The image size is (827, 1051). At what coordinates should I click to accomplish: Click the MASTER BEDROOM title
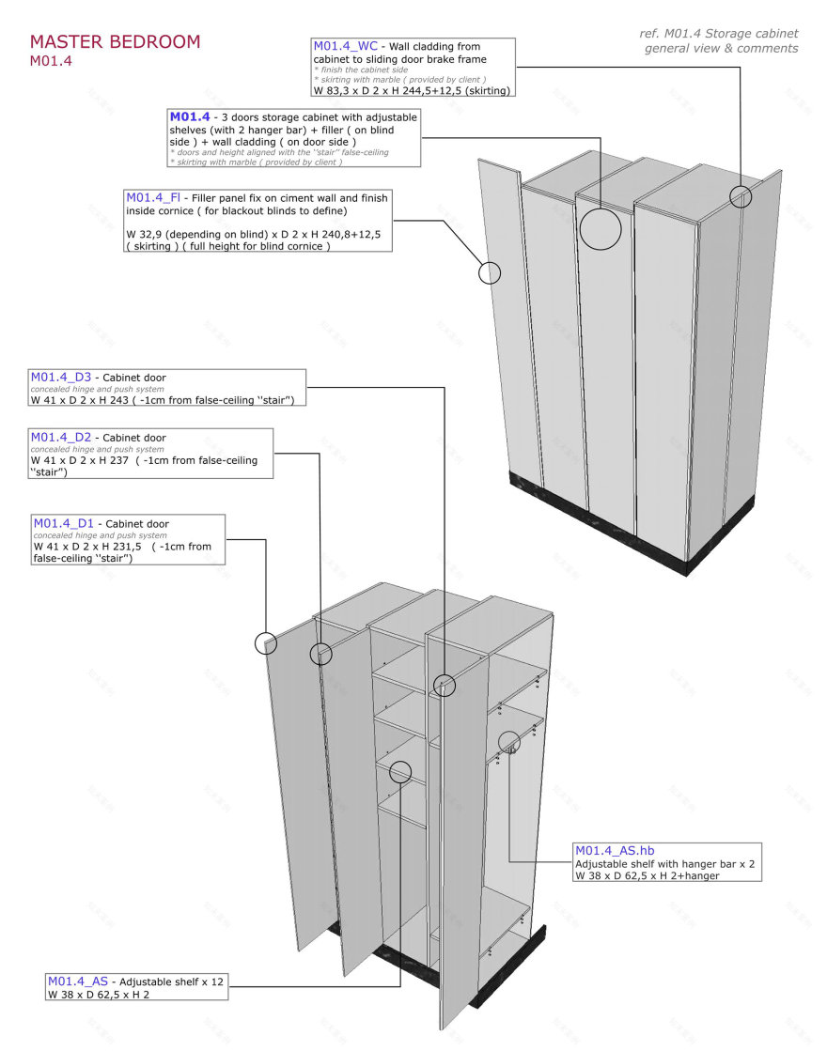click(115, 42)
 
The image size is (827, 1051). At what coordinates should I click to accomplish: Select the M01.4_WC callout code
click(346, 46)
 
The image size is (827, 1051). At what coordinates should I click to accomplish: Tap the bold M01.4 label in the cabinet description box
click(189, 116)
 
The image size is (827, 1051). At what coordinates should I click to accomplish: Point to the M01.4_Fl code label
click(153, 198)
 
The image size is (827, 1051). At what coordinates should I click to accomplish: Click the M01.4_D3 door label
click(61, 378)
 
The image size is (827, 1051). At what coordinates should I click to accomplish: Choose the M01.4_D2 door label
click(61, 438)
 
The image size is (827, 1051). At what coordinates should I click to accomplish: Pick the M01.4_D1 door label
click(64, 523)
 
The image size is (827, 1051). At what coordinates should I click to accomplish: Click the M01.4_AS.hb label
click(615, 851)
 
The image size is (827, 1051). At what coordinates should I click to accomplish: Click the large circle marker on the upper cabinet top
click(601, 228)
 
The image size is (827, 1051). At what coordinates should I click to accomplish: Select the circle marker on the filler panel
click(490, 272)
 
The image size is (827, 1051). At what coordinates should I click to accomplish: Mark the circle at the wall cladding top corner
click(741, 196)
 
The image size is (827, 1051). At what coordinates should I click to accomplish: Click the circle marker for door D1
click(266, 643)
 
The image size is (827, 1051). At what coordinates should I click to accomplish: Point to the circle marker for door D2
click(321, 654)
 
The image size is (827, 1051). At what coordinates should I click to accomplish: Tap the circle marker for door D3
click(445, 685)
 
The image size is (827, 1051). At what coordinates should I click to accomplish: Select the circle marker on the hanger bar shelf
click(509, 742)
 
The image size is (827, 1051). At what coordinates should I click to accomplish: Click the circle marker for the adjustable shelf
click(400, 772)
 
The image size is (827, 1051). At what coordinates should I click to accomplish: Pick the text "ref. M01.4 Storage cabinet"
click(719, 34)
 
